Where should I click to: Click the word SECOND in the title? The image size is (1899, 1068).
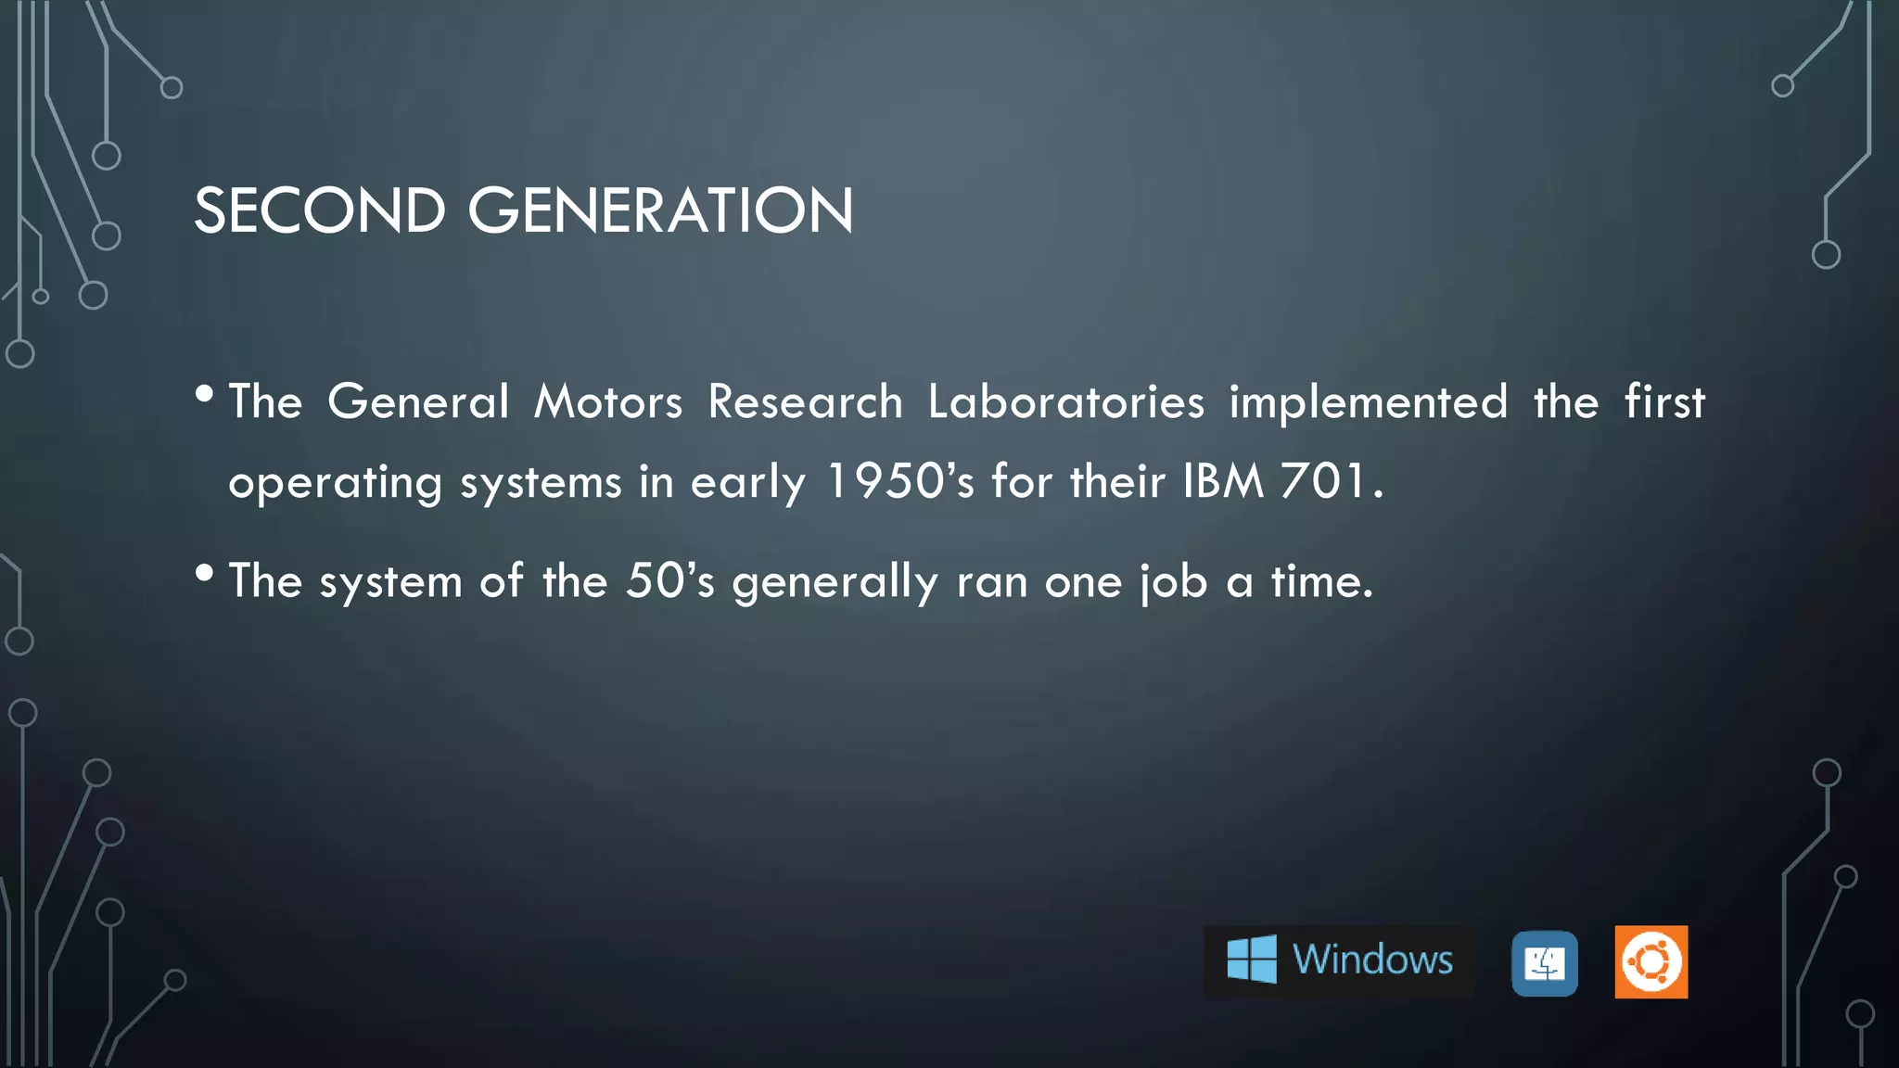click(x=319, y=210)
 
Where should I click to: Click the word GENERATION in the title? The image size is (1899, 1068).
click(x=660, y=210)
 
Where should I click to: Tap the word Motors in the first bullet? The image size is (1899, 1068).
click(x=608, y=402)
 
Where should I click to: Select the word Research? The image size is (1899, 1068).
click(x=805, y=402)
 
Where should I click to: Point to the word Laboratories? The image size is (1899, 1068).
click(x=1066, y=402)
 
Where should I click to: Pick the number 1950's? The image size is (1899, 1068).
click(x=899, y=482)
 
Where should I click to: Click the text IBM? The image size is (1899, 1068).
click(x=1223, y=482)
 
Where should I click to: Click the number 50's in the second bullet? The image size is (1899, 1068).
click(x=669, y=581)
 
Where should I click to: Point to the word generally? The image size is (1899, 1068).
click(x=835, y=583)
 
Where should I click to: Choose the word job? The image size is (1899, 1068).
click(x=1173, y=583)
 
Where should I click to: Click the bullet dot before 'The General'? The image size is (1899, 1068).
click(x=205, y=395)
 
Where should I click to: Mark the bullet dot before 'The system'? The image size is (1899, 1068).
click(x=205, y=574)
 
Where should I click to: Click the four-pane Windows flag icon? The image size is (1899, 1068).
click(x=1251, y=960)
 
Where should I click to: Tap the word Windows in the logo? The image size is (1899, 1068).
click(x=1372, y=960)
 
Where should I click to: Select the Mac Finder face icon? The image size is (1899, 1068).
click(x=1544, y=964)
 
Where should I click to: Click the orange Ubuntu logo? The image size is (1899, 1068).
click(x=1650, y=962)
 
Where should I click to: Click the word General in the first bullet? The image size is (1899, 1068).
click(x=418, y=402)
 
